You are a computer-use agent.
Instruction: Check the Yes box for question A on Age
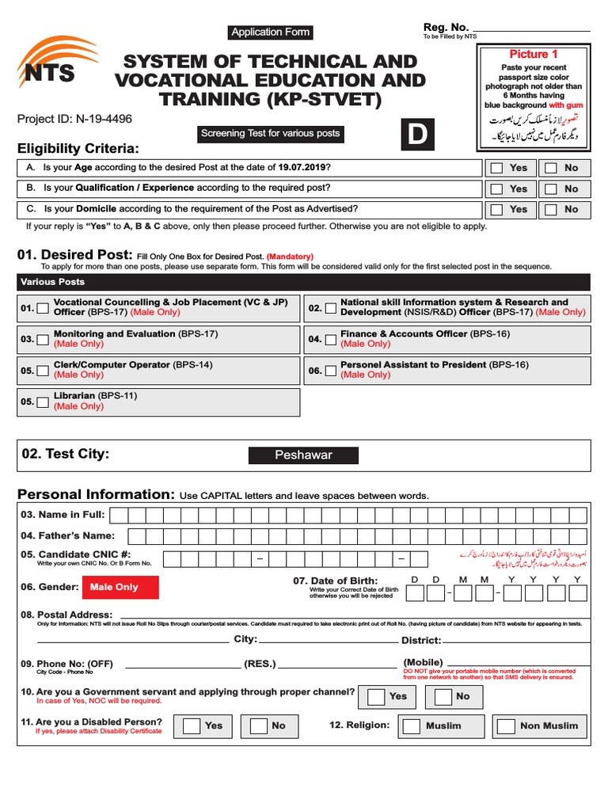click(x=496, y=168)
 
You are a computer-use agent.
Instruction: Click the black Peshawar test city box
click(x=303, y=455)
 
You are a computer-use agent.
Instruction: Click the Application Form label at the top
click(x=270, y=32)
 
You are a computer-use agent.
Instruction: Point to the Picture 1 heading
click(x=534, y=55)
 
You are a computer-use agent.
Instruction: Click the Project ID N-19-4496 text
click(x=75, y=120)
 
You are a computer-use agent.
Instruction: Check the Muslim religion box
click(x=411, y=725)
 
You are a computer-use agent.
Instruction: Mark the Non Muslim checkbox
click(x=506, y=725)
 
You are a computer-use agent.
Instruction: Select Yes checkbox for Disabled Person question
click(x=192, y=725)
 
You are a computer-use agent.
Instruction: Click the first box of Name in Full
click(x=119, y=516)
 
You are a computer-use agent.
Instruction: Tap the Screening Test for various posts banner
click(x=270, y=133)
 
